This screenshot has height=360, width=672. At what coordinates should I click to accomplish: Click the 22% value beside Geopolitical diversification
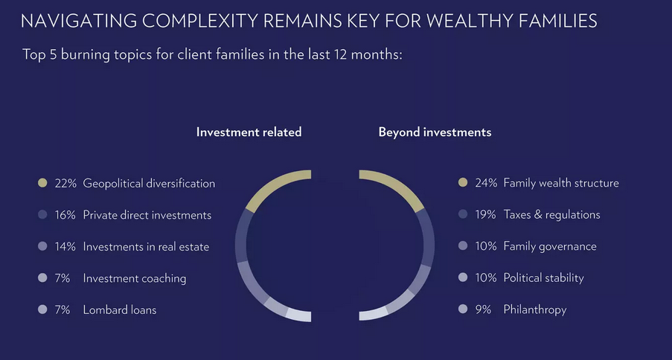[x=65, y=184]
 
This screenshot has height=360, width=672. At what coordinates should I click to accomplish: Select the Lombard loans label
[x=120, y=310]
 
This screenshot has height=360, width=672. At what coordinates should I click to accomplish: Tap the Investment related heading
[x=249, y=132]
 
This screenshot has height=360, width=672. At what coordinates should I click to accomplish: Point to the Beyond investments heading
[x=435, y=132]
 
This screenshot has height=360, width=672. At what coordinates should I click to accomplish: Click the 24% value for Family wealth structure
[x=487, y=184]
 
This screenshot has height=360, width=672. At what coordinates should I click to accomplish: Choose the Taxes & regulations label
[x=551, y=215]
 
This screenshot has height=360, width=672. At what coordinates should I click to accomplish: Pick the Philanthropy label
[x=535, y=310]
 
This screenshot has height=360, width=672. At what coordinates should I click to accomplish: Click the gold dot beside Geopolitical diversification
[x=42, y=184]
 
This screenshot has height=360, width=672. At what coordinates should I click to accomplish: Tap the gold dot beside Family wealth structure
[x=463, y=184]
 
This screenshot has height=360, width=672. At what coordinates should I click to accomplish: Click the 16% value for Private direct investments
[x=65, y=215]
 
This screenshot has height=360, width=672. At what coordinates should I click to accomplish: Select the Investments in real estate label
[x=146, y=247]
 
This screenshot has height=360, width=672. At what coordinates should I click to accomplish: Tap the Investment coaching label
[x=135, y=279]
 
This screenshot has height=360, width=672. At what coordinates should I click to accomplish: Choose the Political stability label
[x=543, y=278]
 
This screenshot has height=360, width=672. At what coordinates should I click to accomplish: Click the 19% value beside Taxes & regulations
[x=485, y=215]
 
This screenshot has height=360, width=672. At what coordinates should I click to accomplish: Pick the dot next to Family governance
[x=463, y=246]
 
